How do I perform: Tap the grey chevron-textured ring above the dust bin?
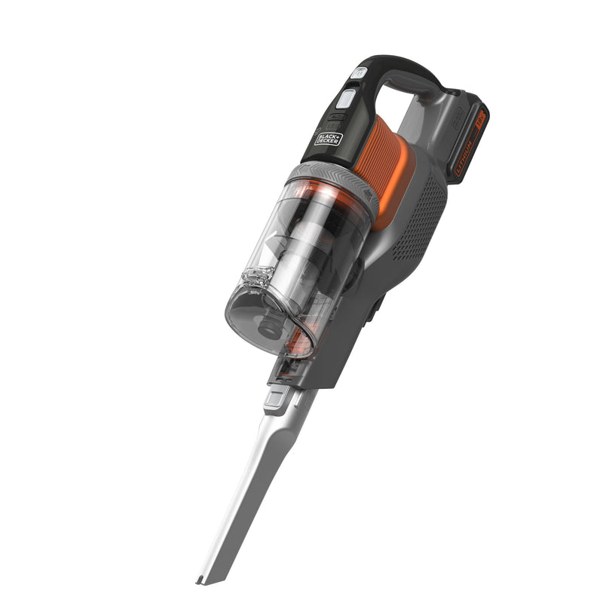pyautogui.click(x=332, y=179)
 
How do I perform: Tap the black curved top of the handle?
pyautogui.click(x=399, y=64)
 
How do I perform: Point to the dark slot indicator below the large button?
pyautogui.click(x=337, y=118)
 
